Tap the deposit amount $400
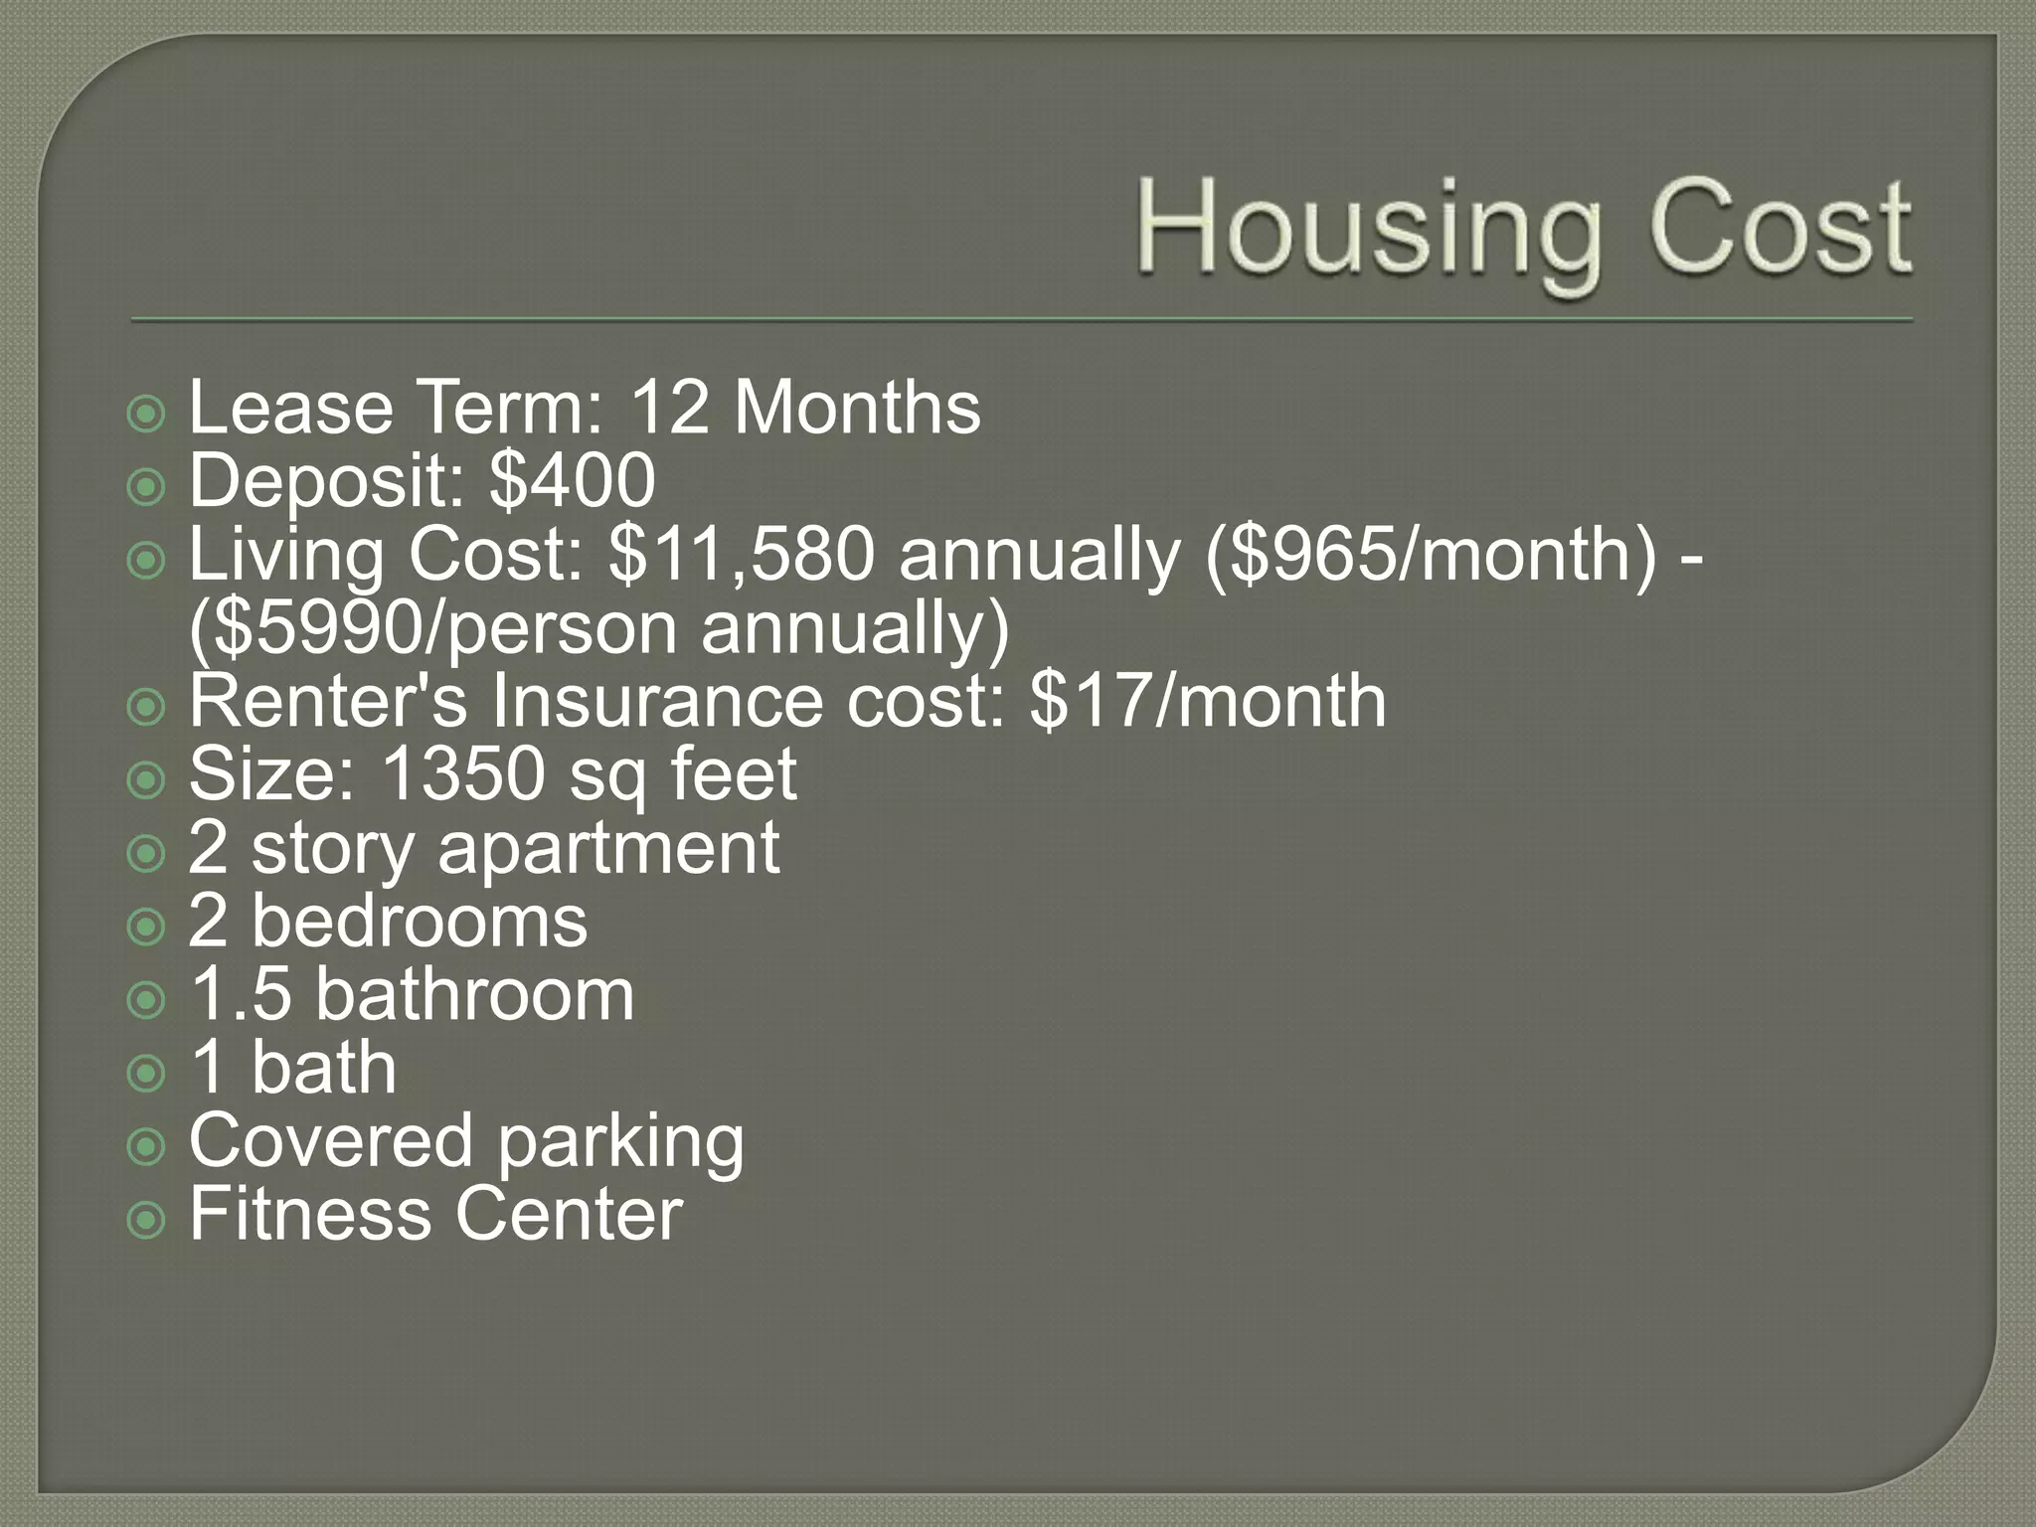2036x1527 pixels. [573, 481]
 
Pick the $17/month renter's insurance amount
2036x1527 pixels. [1208, 701]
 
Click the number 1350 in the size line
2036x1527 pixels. [463, 774]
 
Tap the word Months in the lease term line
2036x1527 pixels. [857, 409]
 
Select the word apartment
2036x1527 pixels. [608, 848]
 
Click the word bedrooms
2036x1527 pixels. [420, 922]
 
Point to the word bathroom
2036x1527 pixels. [474, 994]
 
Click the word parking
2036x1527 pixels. [620, 1141]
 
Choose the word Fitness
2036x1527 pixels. [309, 1214]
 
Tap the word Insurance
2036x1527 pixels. [657, 701]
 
